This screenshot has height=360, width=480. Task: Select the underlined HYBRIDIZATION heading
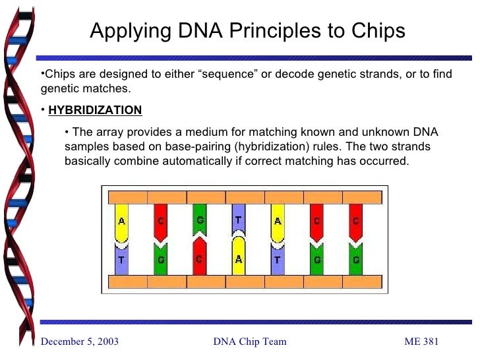point(95,110)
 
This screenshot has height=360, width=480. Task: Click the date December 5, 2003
point(80,341)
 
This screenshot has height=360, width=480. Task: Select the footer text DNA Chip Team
point(250,341)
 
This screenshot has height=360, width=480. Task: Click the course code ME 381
point(421,341)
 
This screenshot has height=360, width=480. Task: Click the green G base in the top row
point(200,220)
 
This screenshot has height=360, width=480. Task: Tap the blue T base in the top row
point(239,220)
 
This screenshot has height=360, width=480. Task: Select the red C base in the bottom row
point(200,257)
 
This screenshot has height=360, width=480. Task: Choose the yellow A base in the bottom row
point(239,257)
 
